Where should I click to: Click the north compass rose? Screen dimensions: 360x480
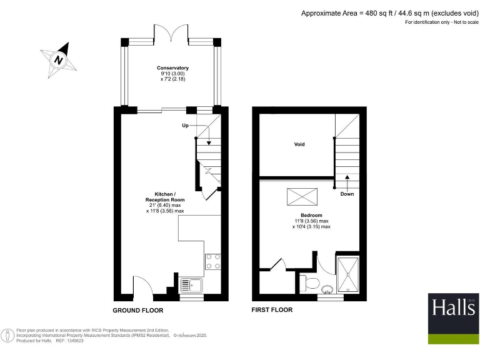[58, 60]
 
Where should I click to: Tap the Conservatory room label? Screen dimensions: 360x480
[172, 67]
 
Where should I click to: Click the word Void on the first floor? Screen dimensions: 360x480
[299, 144]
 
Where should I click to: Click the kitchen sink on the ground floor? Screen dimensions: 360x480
[192, 286]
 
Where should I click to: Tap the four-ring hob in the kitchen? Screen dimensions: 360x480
[212, 261]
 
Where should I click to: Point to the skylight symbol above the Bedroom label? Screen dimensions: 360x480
[298, 197]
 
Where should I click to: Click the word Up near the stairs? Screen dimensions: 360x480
[185, 126]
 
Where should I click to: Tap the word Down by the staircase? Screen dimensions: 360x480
[347, 194]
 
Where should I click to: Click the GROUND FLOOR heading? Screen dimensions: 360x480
[137, 311]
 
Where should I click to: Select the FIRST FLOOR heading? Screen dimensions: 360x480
[272, 310]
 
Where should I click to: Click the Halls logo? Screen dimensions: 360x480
[453, 318]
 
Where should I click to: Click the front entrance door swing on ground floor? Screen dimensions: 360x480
[139, 287]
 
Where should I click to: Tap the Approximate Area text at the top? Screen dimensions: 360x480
[387, 13]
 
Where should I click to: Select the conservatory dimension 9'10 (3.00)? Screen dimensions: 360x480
[172, 74]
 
